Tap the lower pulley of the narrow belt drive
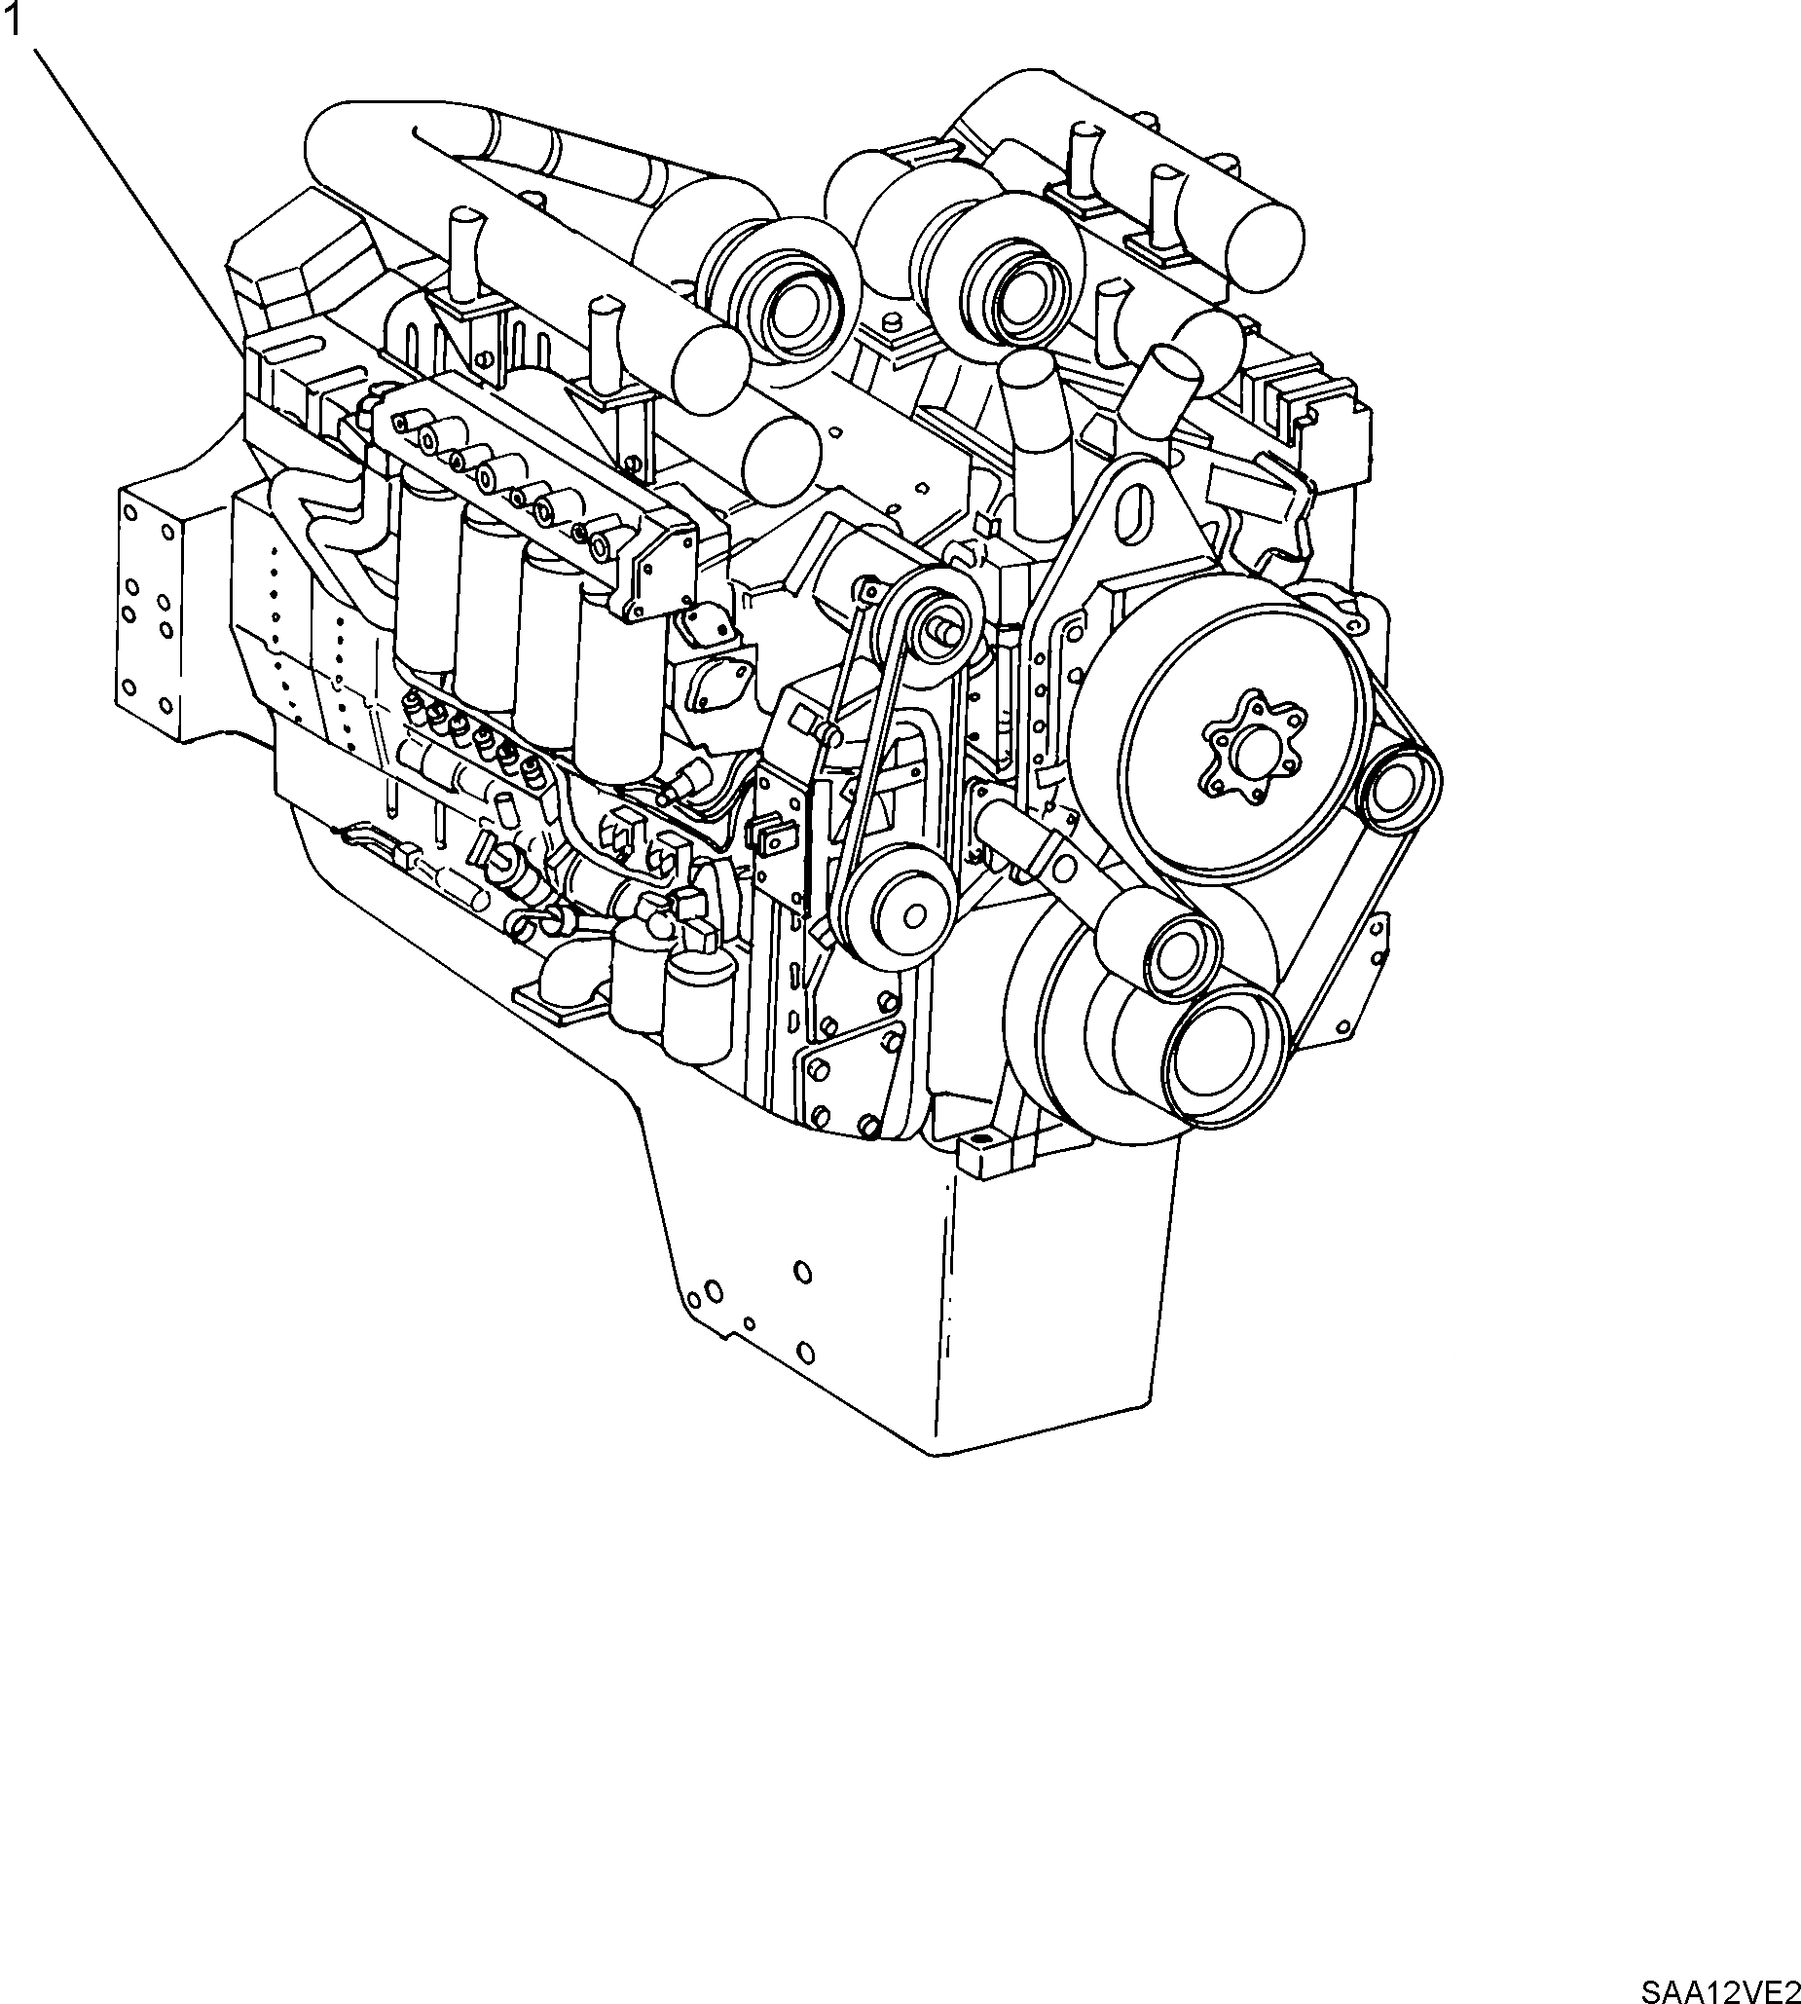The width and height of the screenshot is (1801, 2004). (895, 916)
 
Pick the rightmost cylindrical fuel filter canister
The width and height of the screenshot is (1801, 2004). (621, 692)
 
